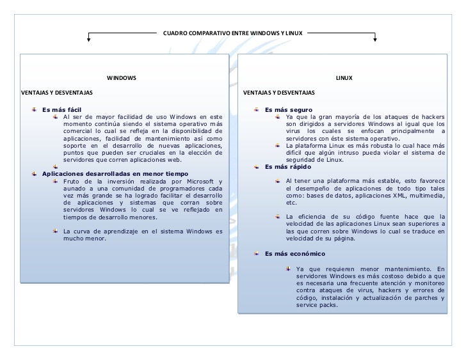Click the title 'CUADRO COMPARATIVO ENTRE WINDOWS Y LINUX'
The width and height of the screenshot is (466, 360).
click(x=233, y=31)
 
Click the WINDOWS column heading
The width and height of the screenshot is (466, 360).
click(x=121, y=78)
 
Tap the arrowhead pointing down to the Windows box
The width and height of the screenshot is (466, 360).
click(x=88, y=42)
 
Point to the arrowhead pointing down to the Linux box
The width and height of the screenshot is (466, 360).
click(x=375, y=42)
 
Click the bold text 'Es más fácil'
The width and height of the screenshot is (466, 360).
click(x=61, y=109)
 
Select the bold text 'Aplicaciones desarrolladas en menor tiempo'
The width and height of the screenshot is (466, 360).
click(x=115, y=173)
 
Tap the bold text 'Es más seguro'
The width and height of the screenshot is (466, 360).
click(x=288, y=109)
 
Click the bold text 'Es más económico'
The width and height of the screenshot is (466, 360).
click(x=294, y=254)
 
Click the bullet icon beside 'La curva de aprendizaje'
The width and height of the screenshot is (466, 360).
click(x=56, y=231)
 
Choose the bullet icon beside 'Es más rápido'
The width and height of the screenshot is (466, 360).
click(x=257, y=166)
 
